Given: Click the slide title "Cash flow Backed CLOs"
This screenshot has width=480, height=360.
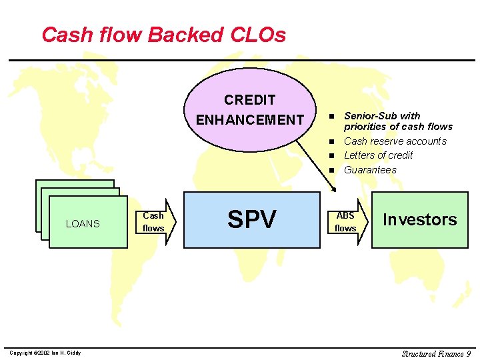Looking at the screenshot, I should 163,35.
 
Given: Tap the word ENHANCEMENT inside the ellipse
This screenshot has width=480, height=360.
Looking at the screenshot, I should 250,120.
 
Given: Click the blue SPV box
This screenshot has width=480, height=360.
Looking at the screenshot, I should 251,219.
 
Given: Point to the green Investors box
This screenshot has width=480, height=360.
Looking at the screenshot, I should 419,220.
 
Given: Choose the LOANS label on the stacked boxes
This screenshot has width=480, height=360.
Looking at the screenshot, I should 83,224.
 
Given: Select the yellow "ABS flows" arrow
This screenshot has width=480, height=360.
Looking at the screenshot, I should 348,222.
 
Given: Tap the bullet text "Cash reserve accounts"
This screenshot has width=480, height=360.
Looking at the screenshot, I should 395,141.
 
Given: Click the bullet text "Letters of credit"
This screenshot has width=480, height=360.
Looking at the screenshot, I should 378,155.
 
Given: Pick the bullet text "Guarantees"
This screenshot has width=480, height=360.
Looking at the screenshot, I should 370,170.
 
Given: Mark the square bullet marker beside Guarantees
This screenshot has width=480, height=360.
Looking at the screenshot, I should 330,170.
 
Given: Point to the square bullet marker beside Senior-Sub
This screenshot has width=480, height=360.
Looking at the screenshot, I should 330,116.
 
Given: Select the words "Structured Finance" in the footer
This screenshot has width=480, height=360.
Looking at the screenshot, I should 432,353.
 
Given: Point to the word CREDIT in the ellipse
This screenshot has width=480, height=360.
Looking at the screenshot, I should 250,101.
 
